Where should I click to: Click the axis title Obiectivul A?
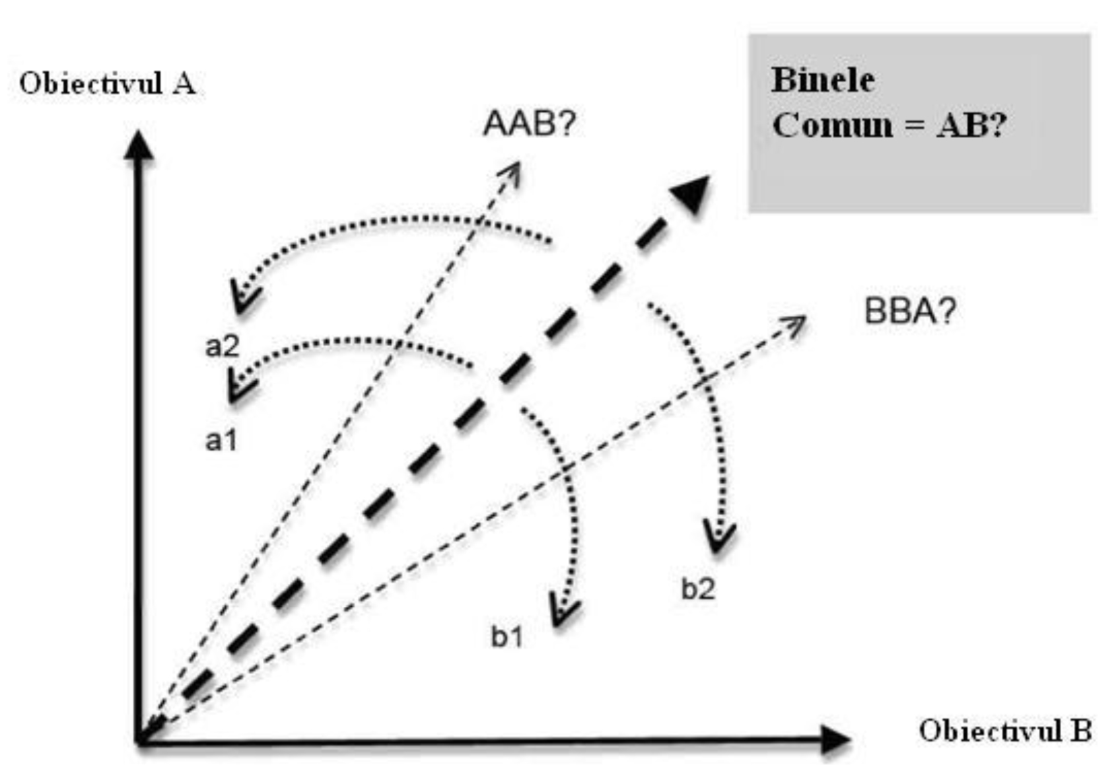(x=107, y=84)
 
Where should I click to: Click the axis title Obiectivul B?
(x=1004, y=731)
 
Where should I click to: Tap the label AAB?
(x=529, y=123)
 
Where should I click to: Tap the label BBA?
(x=909, y=310)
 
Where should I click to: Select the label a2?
(x=222, y=346)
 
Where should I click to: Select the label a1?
(x=221, y=440)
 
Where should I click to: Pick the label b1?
(x=507, y=636)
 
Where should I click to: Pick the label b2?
(x=697, y=589)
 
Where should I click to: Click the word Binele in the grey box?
(x=823, y=81)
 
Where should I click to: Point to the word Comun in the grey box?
(x=832, y=125)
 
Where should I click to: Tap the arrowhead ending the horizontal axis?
(x=835, y=739)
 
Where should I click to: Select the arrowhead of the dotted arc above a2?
(x=243, y=299)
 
